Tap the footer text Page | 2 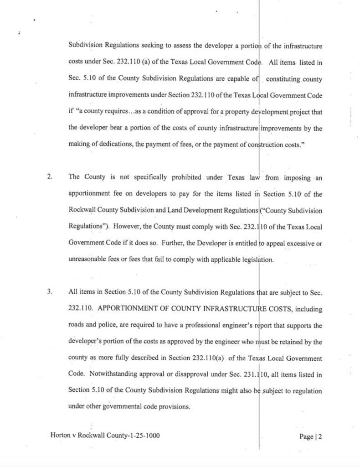coord(311,436)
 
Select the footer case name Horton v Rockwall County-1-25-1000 coord(105,435)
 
